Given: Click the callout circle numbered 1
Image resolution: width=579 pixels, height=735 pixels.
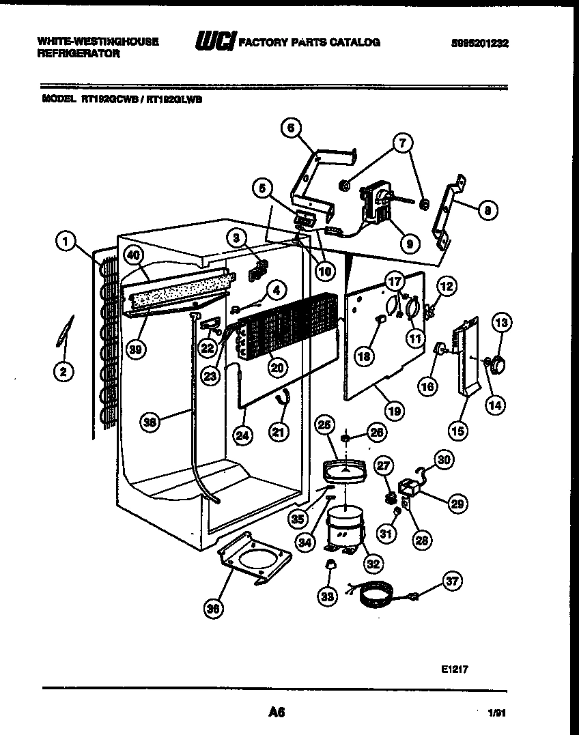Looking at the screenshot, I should click(x=65, y=241).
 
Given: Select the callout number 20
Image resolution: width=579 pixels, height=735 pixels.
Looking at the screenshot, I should click(x=277, y=366).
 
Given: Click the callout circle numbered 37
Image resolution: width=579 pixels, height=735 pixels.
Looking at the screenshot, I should click(x=452, y=581).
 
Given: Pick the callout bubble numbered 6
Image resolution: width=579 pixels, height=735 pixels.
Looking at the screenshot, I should click(x=291, y=127).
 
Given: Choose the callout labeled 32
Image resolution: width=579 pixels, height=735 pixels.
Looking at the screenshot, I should click(x=373, y=564).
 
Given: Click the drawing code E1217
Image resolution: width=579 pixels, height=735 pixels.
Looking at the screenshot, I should click(x=454, y=669).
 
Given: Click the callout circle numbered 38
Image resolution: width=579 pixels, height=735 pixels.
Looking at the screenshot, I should click(x=152, y=422).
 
